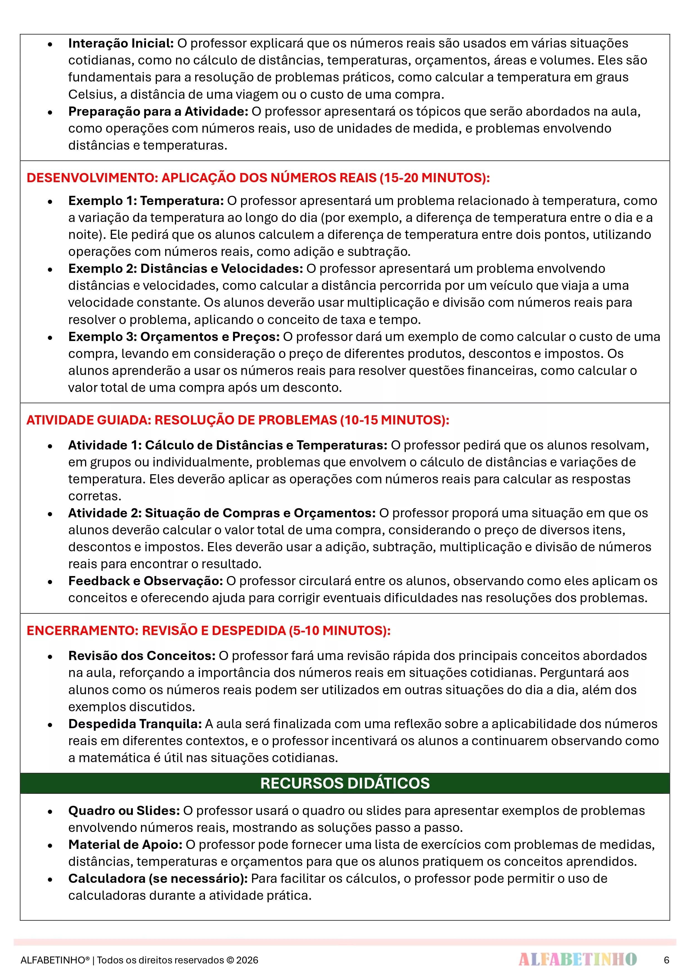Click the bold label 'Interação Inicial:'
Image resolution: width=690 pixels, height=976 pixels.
coord(121,43)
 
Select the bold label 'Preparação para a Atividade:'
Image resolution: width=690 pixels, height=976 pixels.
coord(158,111)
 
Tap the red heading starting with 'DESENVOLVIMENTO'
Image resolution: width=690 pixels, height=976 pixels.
coord(258,178)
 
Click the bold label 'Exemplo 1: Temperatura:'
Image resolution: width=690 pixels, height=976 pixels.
coord(146,201)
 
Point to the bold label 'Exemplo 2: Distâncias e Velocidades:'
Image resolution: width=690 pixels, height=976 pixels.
coord(185,269)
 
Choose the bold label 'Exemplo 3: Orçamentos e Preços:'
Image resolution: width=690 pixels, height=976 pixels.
coord(174,337)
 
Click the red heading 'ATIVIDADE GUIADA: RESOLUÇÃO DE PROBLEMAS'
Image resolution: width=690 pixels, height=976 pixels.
coord(238,420)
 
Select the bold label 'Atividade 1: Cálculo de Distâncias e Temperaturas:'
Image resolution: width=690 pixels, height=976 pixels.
coord(227,445)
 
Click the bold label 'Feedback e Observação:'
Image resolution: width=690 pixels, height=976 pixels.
coord(145,581)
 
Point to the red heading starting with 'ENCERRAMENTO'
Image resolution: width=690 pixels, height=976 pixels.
coord(208,630)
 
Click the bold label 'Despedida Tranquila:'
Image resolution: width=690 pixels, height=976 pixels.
coord(135,724)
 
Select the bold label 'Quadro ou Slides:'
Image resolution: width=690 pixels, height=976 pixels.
coord(124,811)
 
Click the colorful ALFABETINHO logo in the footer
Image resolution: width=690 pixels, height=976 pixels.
coord(577,959)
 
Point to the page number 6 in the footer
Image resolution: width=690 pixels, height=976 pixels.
coord(666,960)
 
